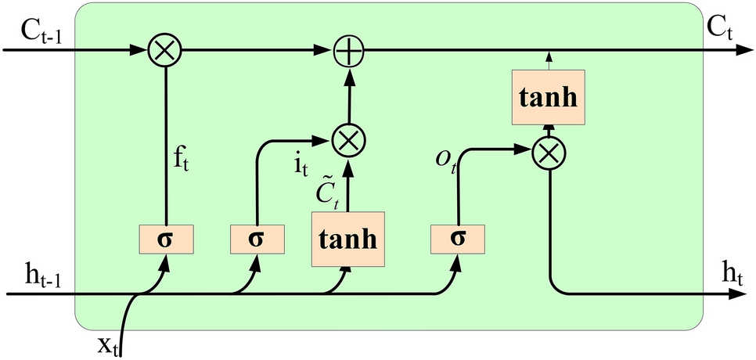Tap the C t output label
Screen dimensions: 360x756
click(x=721, y=29)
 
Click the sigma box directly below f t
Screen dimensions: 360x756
click(x=165, y=238)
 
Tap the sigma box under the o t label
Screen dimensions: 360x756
click(x=457, y=238)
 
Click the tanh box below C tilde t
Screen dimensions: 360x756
click(x=347, y=239)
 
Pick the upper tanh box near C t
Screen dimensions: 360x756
click(x=549, y=96)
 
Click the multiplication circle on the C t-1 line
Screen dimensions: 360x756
click(x=165, y=50)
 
